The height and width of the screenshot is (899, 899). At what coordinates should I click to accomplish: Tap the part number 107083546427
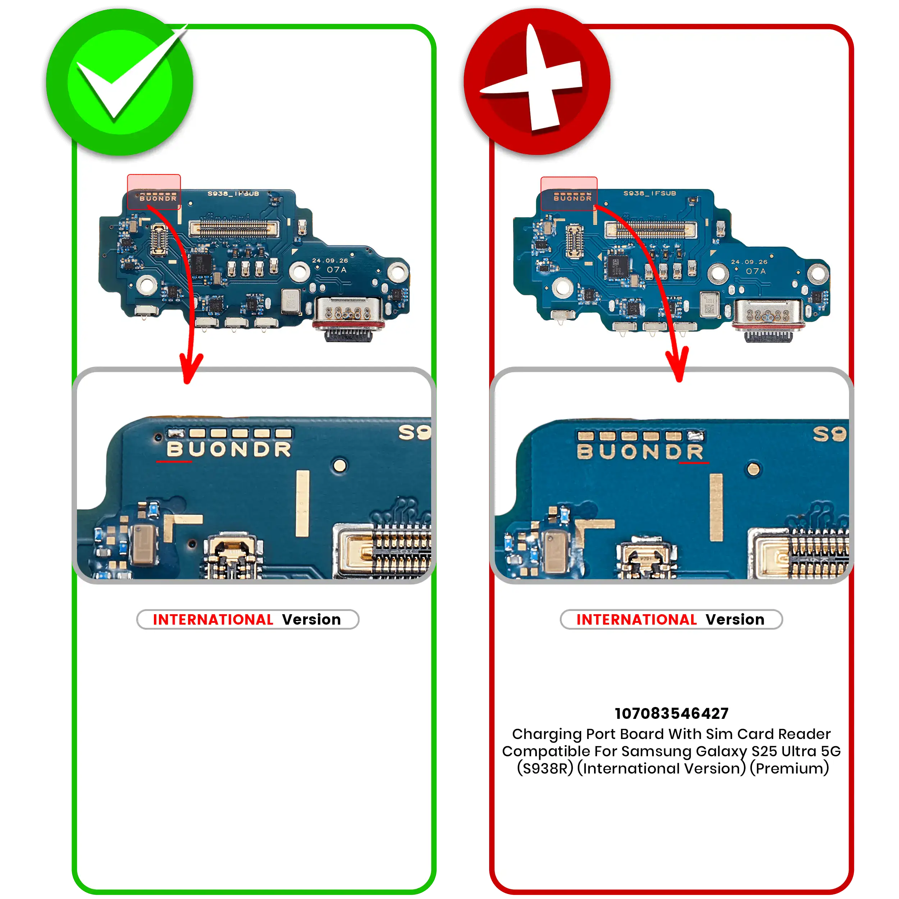click(x=671, y=713)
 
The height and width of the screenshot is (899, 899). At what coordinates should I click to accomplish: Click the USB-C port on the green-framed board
click(x=349, y=319)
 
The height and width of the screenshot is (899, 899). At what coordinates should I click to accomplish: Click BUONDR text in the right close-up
click(x=640, y=451)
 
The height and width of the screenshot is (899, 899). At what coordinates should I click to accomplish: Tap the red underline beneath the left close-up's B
click(x=174, y=462)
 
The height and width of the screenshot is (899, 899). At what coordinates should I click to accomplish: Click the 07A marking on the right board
click(x=756, y=271)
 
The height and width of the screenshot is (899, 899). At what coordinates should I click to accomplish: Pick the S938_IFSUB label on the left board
click(x=233, y=193)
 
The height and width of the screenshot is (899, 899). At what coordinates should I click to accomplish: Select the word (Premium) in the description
click(x=789, y=768)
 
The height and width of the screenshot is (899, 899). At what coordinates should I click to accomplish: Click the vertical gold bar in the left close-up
click(x=302, y=503)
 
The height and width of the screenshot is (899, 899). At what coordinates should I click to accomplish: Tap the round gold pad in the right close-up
click(x=753, y=469)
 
